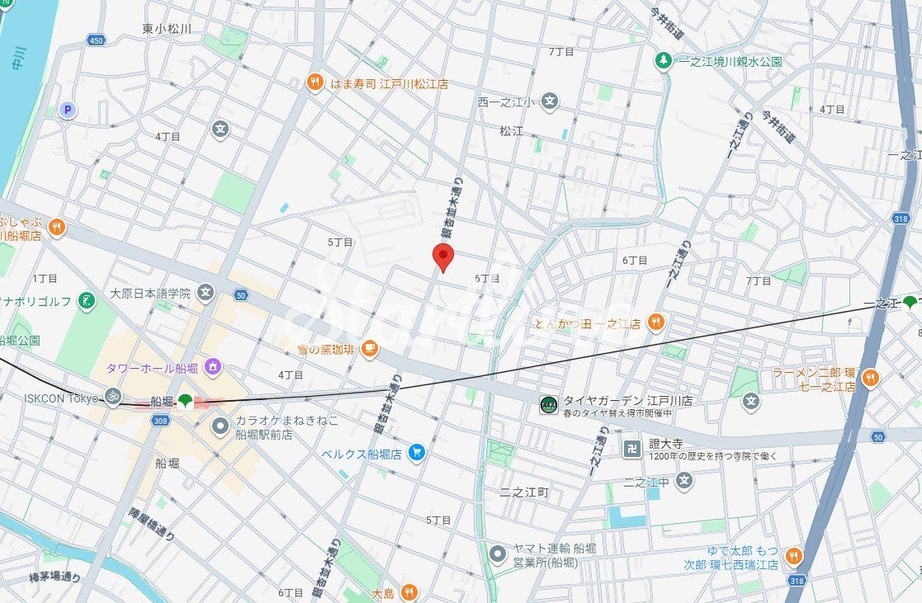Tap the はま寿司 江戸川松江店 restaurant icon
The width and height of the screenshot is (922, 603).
point(314,82)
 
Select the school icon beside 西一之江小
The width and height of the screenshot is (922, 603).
point(551,102)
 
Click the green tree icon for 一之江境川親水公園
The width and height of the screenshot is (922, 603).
point(662,60)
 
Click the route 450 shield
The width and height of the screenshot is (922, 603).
point(97,40)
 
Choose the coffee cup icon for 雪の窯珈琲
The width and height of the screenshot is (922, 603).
point(369,349)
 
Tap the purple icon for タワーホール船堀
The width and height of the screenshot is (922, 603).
point(213,366)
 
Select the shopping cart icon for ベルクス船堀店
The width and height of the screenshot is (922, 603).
point(416,453)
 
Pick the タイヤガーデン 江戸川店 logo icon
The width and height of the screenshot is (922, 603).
point(549,404)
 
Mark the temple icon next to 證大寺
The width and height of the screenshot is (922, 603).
point(632,448)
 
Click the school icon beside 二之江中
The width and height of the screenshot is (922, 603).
point(683,480)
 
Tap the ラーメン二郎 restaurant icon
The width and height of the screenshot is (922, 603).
point(869,379)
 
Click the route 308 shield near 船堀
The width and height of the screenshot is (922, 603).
point(160,421)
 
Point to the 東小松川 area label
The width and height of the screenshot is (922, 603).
point(167,29)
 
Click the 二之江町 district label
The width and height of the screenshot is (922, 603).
point(524,492)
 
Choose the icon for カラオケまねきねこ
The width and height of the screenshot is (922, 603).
point(220,426)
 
